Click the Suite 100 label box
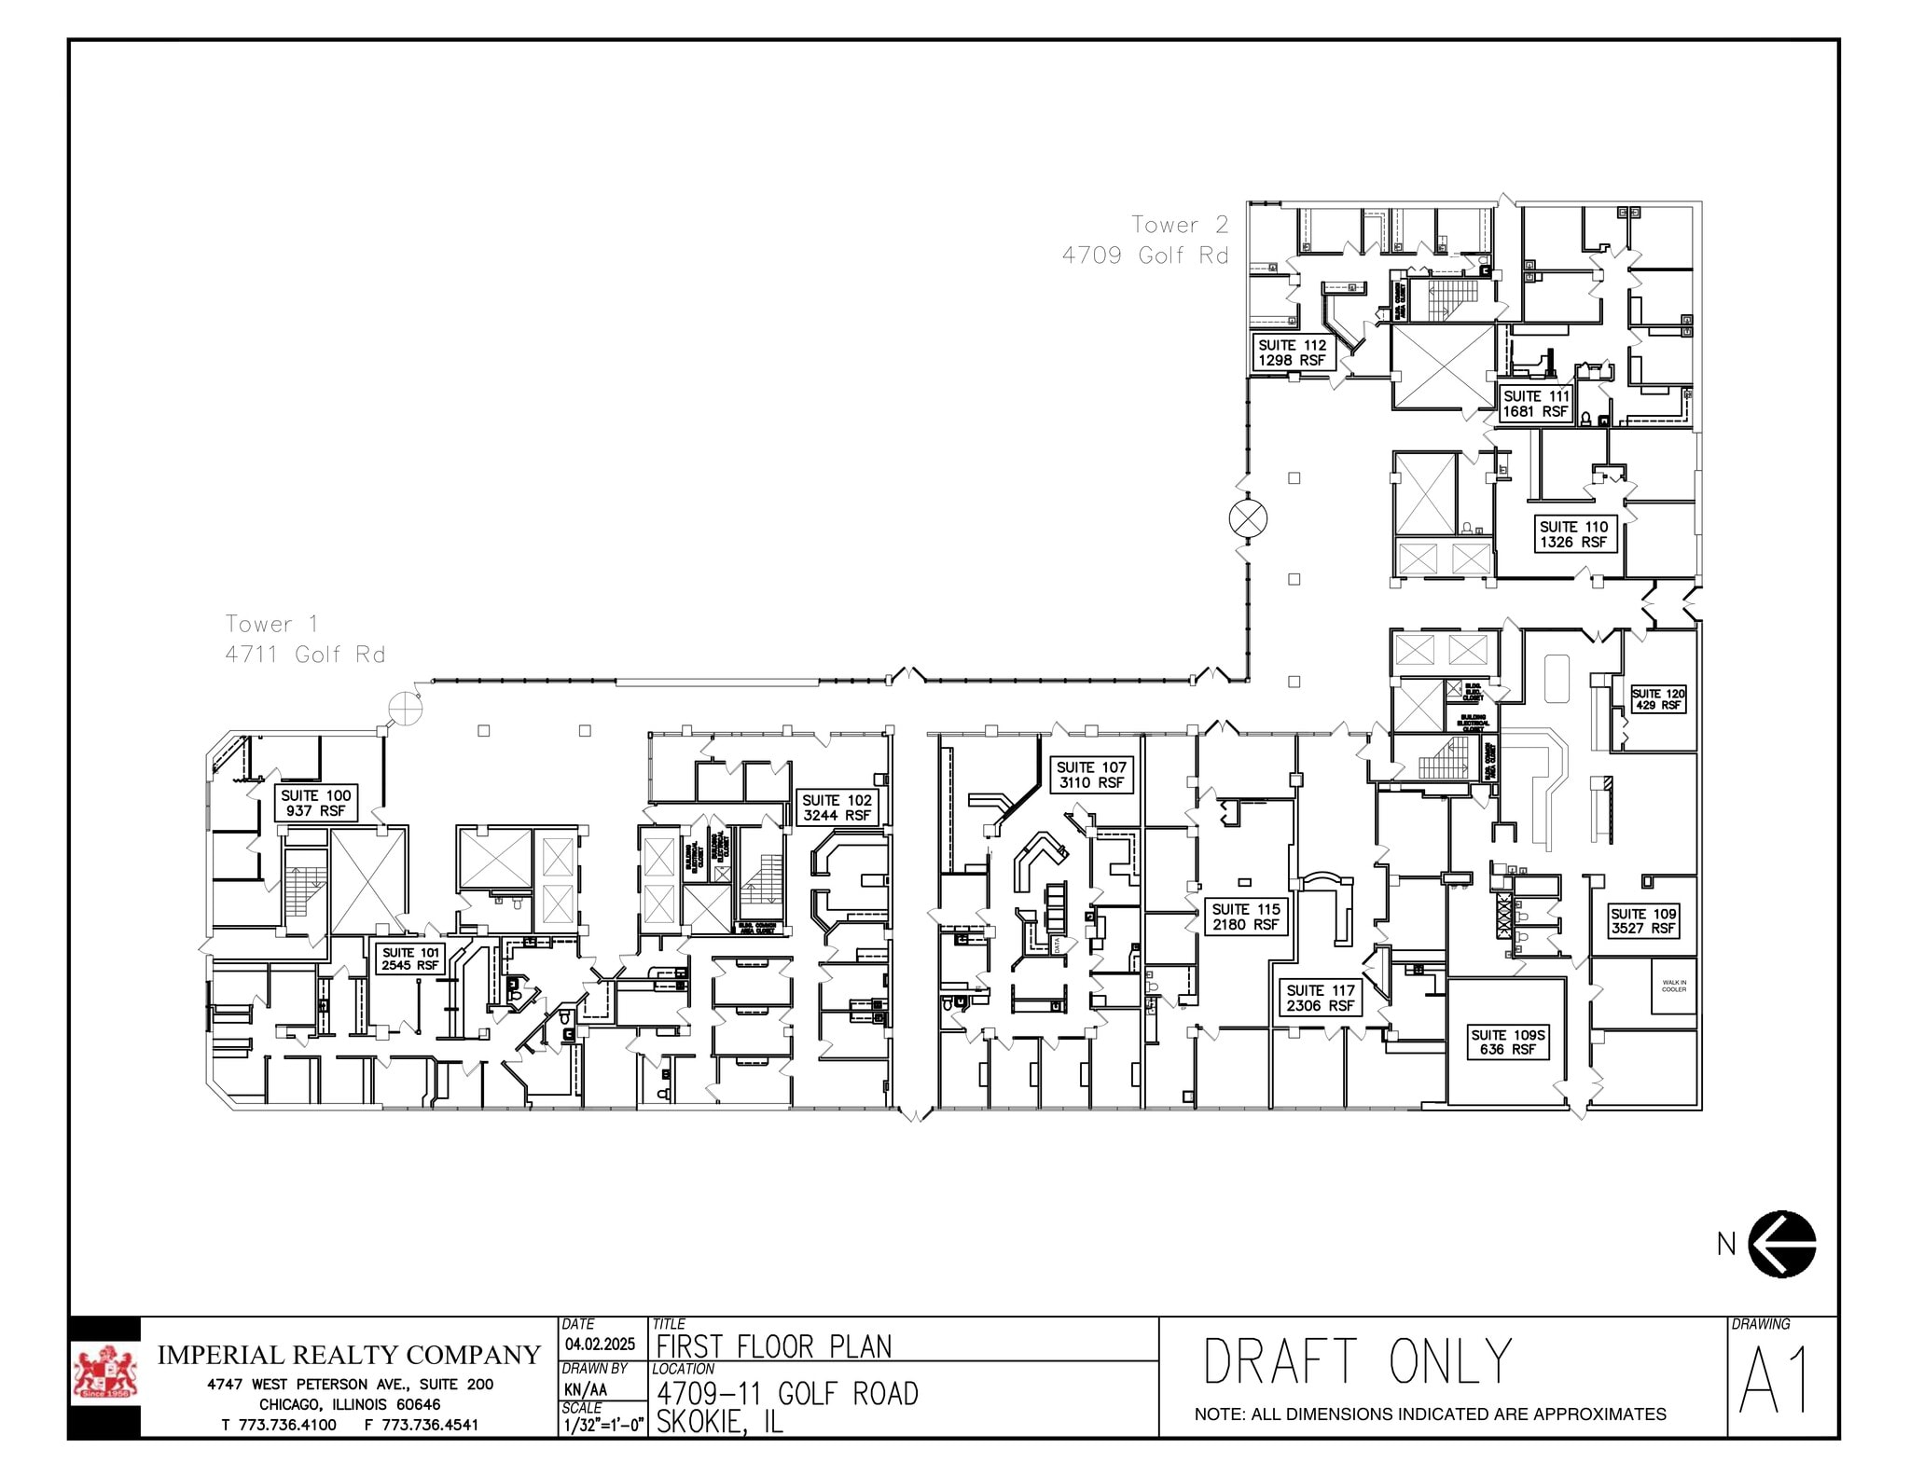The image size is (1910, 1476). click(x=315, y=803)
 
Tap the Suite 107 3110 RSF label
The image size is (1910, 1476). click(x=1091, y=775)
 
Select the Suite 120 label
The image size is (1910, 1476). click(x=1657, y=699)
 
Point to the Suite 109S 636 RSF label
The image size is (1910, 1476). click(x=1508, y=1042)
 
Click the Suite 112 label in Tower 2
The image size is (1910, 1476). click(x=1292, y=352)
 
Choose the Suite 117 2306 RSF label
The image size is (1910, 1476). click(x=1320, y=998)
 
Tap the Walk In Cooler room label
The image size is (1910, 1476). click(x=1674, y=986)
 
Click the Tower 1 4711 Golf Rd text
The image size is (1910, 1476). click(x=305, y=639)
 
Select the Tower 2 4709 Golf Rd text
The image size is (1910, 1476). click(x=1146, y=240)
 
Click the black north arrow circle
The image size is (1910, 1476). click(x=1781, y=1244)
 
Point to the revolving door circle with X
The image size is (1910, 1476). click(x=1248, y=518)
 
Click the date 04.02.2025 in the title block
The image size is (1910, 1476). click(x=600, y=1345)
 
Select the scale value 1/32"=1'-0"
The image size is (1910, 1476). click(x=603, y=1426)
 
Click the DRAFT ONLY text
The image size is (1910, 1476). click(x=1357, y=1362)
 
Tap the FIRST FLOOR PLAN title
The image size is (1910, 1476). click(x=774, y=1346)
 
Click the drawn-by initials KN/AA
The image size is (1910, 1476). click(x=586, y=1389)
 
